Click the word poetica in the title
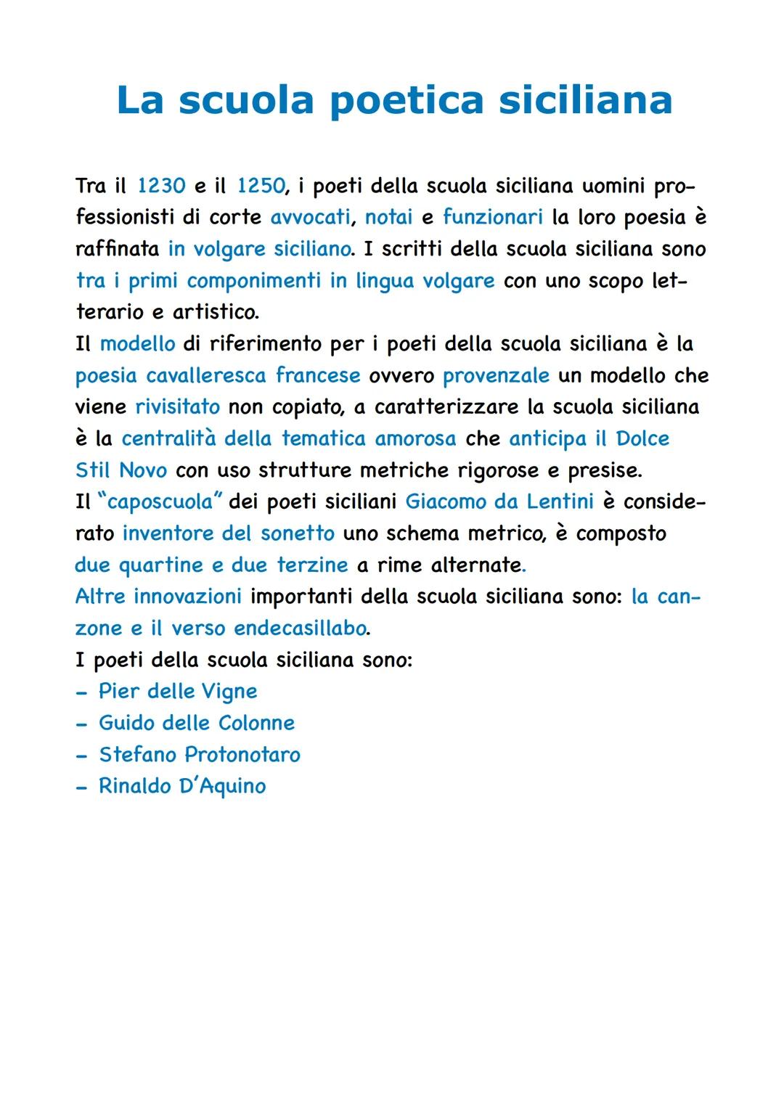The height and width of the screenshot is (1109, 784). point(407,100)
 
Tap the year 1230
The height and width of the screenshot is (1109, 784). point(161,187)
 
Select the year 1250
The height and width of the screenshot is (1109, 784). point(261,187)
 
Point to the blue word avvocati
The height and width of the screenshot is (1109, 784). point(311,218)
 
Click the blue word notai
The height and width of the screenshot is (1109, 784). point(388,218)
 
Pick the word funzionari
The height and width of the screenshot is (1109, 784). point(493,218)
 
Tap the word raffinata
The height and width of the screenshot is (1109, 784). point(117,249)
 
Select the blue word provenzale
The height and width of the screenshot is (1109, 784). point(496,376)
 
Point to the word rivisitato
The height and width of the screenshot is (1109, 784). point(177,407)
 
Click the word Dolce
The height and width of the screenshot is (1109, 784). point(642,439)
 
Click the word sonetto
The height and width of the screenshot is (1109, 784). point(298,533)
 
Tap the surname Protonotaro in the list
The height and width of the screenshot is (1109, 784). point(242,755)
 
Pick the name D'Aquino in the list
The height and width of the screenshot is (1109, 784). point(222,786)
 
